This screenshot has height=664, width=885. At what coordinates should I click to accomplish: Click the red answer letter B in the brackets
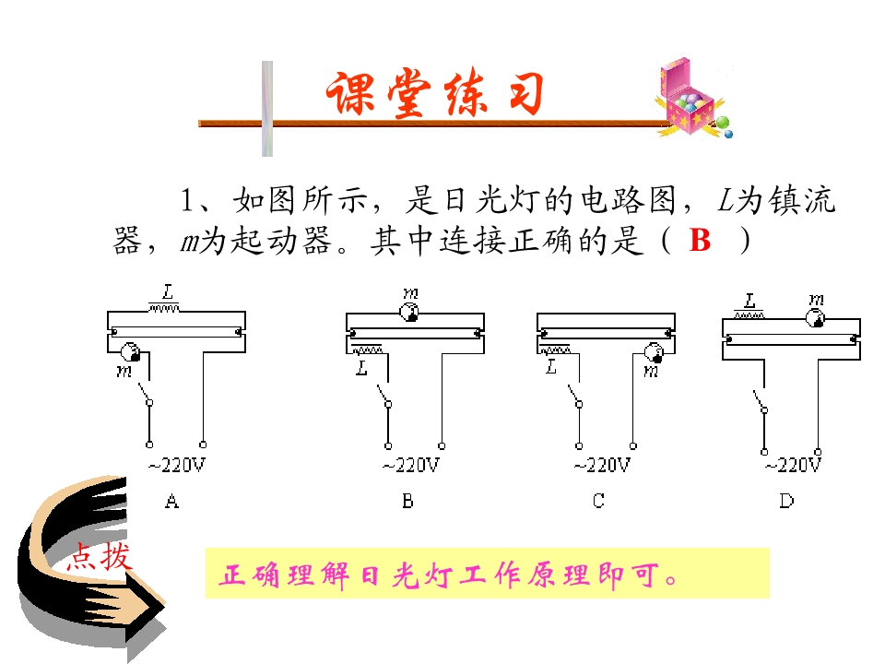700,240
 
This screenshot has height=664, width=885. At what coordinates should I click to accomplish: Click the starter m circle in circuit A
130,351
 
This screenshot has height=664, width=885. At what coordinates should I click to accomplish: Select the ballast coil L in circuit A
164,308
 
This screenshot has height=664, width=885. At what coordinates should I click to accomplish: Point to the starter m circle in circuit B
409,312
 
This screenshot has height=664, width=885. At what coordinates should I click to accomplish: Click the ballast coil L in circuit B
367,350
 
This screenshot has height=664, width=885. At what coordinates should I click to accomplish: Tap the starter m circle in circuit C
655,352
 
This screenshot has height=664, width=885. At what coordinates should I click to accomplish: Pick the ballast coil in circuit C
556,350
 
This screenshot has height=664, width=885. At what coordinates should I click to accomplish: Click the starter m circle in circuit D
815,318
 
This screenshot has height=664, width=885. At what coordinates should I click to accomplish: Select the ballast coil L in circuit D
749,314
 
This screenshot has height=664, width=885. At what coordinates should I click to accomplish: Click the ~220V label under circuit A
177,465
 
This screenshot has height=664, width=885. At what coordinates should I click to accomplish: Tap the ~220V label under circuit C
602,465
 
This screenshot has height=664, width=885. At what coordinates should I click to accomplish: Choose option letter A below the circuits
172,501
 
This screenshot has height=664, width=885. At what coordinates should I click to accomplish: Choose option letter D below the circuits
786,501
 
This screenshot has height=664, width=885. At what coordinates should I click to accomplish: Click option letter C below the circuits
599,501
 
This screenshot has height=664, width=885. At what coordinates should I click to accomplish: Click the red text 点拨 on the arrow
100,556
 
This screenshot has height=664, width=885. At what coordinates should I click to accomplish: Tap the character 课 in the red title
351,94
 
